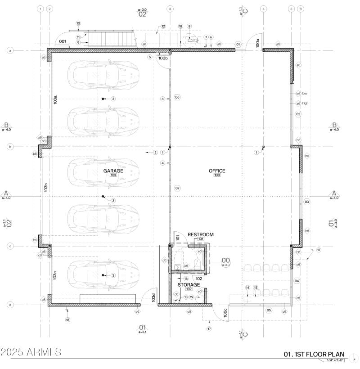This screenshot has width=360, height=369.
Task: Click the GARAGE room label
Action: tap(113, 171)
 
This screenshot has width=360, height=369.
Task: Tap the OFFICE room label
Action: tap(216, 171)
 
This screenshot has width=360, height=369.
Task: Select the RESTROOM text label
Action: tap(200, 234)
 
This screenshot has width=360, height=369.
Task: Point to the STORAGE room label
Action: tap(189, 285)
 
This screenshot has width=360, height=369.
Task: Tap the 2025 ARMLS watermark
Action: tap(31, 352)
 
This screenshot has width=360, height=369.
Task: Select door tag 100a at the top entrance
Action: tap(258, 43)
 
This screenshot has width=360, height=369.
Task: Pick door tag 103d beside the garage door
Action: tap(153, 297)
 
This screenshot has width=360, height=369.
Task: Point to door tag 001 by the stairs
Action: tap(62, 41)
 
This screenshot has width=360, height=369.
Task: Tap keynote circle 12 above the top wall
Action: tap(163, 27)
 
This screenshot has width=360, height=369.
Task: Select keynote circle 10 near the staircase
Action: tap(78, 23)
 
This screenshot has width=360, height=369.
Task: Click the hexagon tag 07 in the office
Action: tap(177, 188)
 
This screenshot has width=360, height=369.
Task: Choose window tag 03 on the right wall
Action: tap(307, 202)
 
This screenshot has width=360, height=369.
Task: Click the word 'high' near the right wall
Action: tap(305, 103)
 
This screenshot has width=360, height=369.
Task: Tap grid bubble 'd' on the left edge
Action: tap(10, 305)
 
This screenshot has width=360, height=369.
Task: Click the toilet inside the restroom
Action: tap(197, 262)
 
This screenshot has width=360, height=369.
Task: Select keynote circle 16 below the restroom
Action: tap(185, 279)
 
